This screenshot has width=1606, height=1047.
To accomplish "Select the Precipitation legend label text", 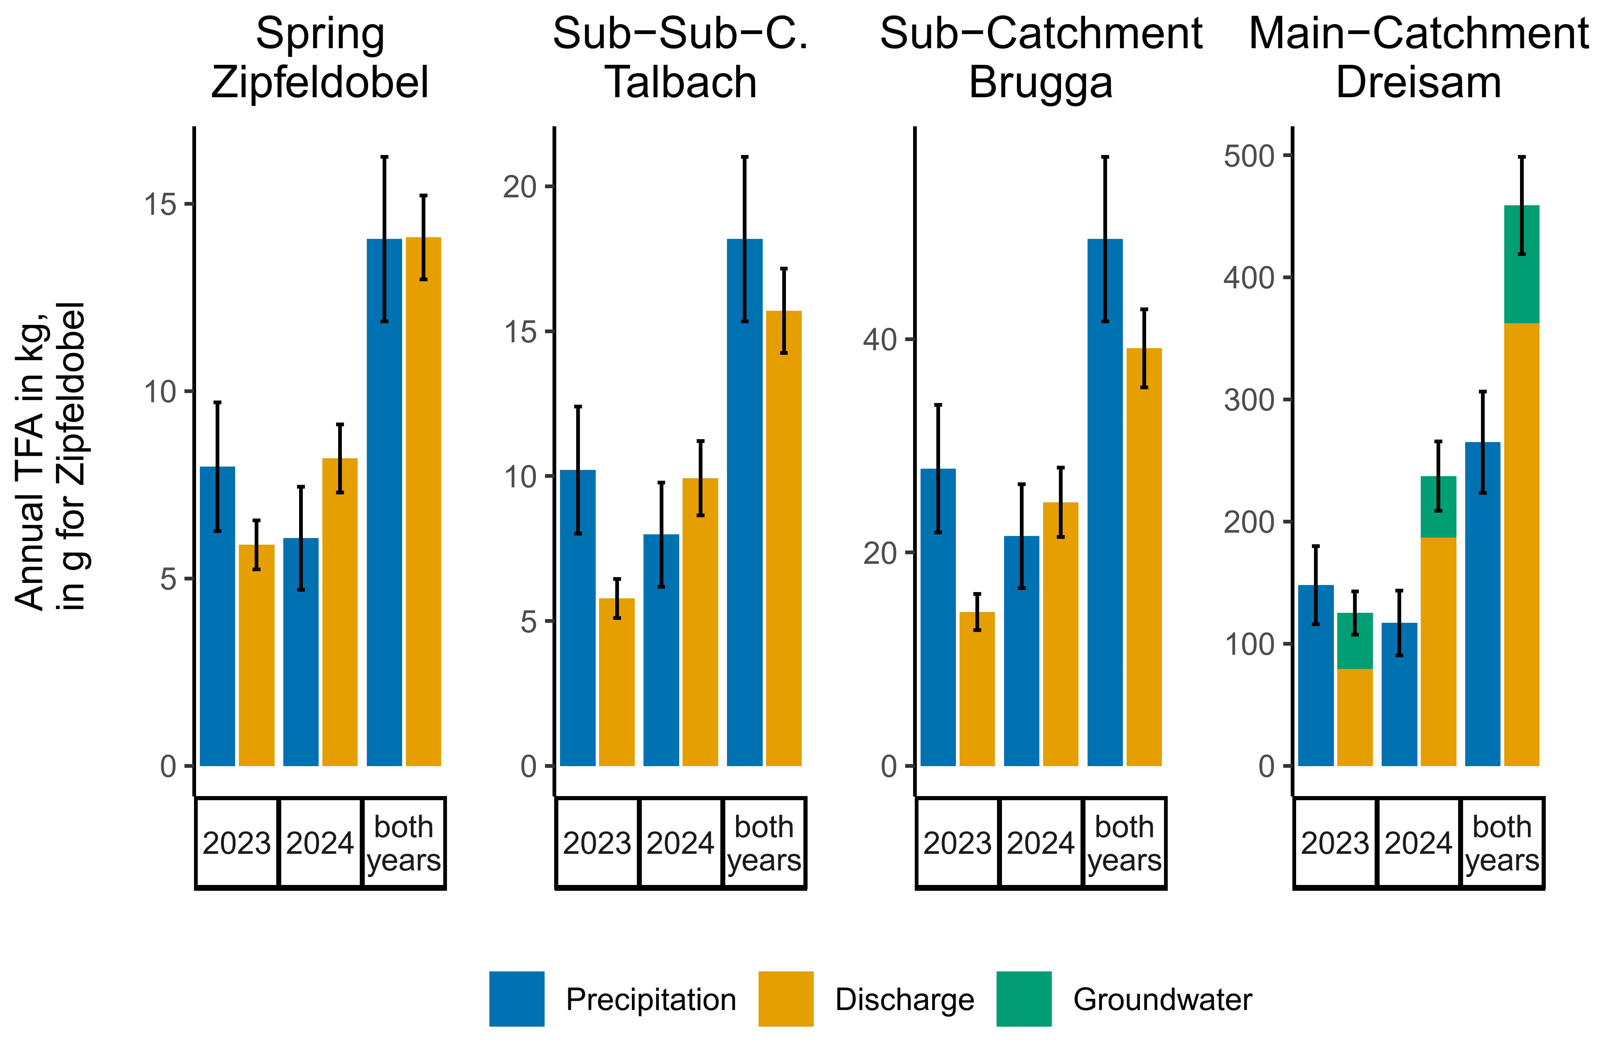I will (x=651, y=999).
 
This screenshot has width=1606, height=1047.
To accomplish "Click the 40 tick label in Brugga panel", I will (x=880, y=339).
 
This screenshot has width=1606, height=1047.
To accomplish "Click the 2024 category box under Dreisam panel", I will (x=1418, y=843).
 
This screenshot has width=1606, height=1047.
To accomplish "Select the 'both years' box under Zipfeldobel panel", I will (x=403, y=843).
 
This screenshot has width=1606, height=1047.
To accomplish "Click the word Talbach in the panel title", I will (x=681, y=82).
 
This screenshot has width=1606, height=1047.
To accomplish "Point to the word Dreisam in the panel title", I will (x=1418, y=82).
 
